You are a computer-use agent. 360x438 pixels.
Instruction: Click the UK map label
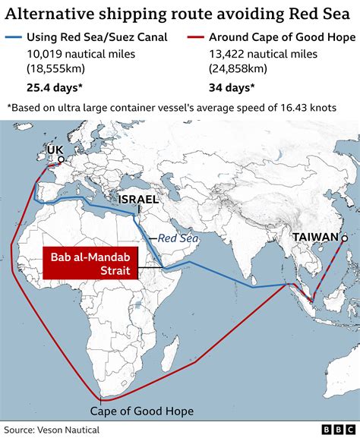coord(55,150)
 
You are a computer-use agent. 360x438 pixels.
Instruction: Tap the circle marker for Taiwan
coord(344,238)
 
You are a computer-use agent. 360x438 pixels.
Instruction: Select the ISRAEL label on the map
coord(138,200)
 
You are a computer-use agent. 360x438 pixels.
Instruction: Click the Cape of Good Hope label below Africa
coord(141,411)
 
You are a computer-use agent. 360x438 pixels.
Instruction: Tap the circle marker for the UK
coord(61,160)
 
